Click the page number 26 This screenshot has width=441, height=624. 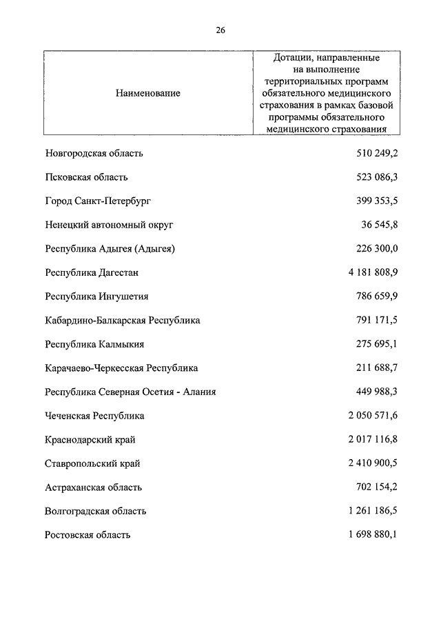coord(220,30)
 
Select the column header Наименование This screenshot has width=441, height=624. coord(148,93)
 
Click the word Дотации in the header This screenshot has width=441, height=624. coord(292,58)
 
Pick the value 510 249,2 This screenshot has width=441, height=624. coord(375,154)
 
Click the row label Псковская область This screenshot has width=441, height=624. coord(86,177)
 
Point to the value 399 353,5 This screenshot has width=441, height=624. coord(375,201)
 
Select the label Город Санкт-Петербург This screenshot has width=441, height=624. coord(97,201)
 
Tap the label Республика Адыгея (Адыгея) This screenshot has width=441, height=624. coord(110,249)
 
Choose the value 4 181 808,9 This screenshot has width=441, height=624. coord(369,272)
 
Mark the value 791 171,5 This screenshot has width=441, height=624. coord(375,321)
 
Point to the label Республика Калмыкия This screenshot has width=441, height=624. coord(94,344)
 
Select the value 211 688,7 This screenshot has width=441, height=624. coord(375,368)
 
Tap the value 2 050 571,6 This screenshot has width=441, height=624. coord(369,416)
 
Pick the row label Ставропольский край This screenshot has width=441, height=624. coord(92,463)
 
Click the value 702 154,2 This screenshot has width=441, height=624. coord(375,487)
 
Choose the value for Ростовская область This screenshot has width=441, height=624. coord(369,535)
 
